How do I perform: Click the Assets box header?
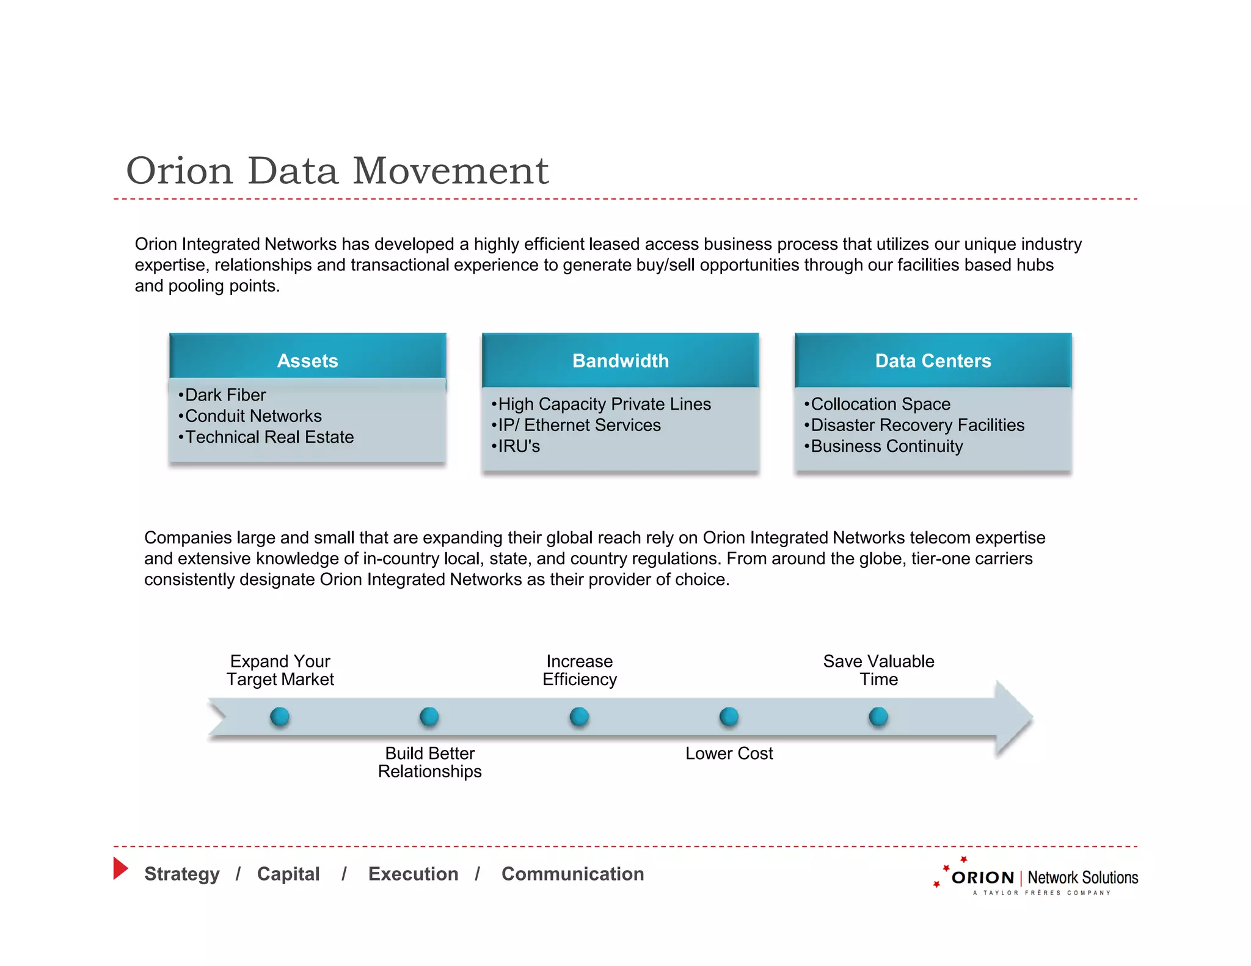click(x=307, y=360)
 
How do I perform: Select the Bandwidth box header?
click(x=620, y=360)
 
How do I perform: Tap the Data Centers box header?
click(x=933, y=360)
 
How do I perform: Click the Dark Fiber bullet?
click(x=223, y=395)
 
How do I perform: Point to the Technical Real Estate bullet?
click(x=267, y=437)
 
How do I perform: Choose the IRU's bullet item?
click(x=516, y=446)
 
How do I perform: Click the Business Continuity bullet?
click(x=884, y=446)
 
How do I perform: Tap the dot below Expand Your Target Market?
click(x=280, y=716)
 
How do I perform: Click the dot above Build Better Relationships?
click(x=429, y=716)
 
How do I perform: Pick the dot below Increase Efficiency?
click(x=579, y=716)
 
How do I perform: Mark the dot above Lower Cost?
click(x=729, y=716)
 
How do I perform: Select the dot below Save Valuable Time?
click(x=878, y=716)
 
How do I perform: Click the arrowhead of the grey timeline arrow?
click(x=1012, y=717)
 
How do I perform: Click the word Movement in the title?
click(x=451, y=171)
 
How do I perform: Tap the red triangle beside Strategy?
click(x=120, y=868)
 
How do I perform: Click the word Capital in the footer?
click(x=288, y=874)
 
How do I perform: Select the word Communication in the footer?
click(x=572, y=874)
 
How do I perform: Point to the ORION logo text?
click(x=983, y=878)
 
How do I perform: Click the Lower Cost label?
click(x=729, y=754)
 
